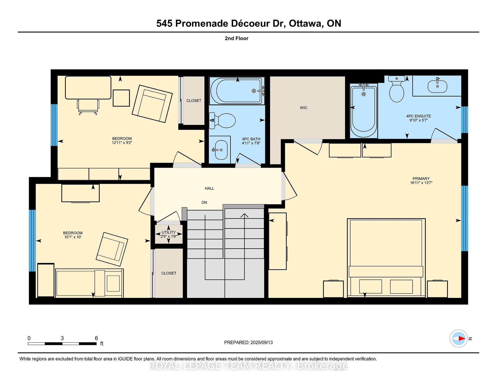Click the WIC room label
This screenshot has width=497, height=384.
[x=304, y=108]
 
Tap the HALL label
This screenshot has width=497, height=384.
[x=209, y=188]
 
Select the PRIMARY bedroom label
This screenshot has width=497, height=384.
[x=421, y=179]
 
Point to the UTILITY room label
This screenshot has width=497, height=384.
[x=169, y=232]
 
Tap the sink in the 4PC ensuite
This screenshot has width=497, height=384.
[x=437, y=86]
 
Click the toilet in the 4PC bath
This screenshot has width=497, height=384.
[x=222, y=120]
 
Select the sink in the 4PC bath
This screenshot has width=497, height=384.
[x=221, y=150]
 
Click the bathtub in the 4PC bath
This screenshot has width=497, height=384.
[x=237, y=91]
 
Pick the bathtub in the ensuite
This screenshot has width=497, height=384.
[x=363, y=110]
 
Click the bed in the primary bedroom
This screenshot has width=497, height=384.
[x=386, y=258]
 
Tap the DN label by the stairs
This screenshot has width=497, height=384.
[x=204, y=202]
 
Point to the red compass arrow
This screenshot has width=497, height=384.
[x=461, y=338]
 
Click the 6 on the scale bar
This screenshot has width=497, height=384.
[x=96, y=338]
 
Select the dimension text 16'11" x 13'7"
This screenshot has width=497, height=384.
[x=421, y=183]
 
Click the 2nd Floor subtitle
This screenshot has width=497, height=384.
[x=237, y=38]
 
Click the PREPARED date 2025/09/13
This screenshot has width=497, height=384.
[x=261, y=342]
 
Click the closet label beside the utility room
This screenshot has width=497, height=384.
[x=169, y=273]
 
